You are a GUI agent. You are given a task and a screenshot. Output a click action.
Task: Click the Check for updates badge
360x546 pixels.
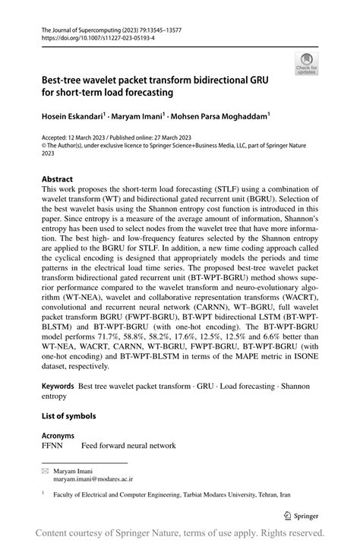[307, 65]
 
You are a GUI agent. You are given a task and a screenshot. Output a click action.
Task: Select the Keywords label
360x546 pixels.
[60, 387]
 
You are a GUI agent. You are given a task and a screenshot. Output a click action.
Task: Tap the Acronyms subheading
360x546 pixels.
[58, 436]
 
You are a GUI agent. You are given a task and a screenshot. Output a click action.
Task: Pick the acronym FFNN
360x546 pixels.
[54, 447]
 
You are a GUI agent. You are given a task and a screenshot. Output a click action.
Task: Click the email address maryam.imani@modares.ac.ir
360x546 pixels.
[93, 480]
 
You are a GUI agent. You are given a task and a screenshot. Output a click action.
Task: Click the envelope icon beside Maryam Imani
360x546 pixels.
[46, 472]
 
